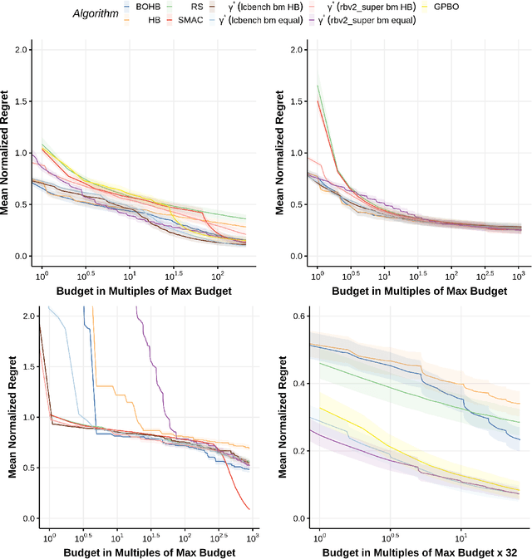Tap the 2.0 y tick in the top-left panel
20,50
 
